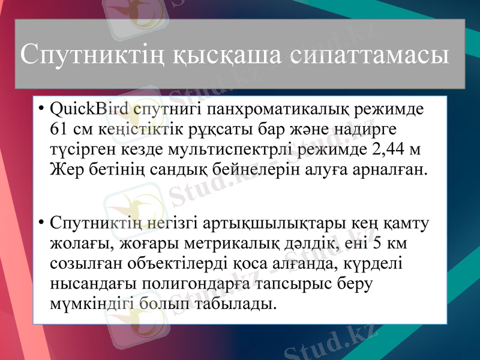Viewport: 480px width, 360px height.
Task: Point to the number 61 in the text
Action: (60, 130)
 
